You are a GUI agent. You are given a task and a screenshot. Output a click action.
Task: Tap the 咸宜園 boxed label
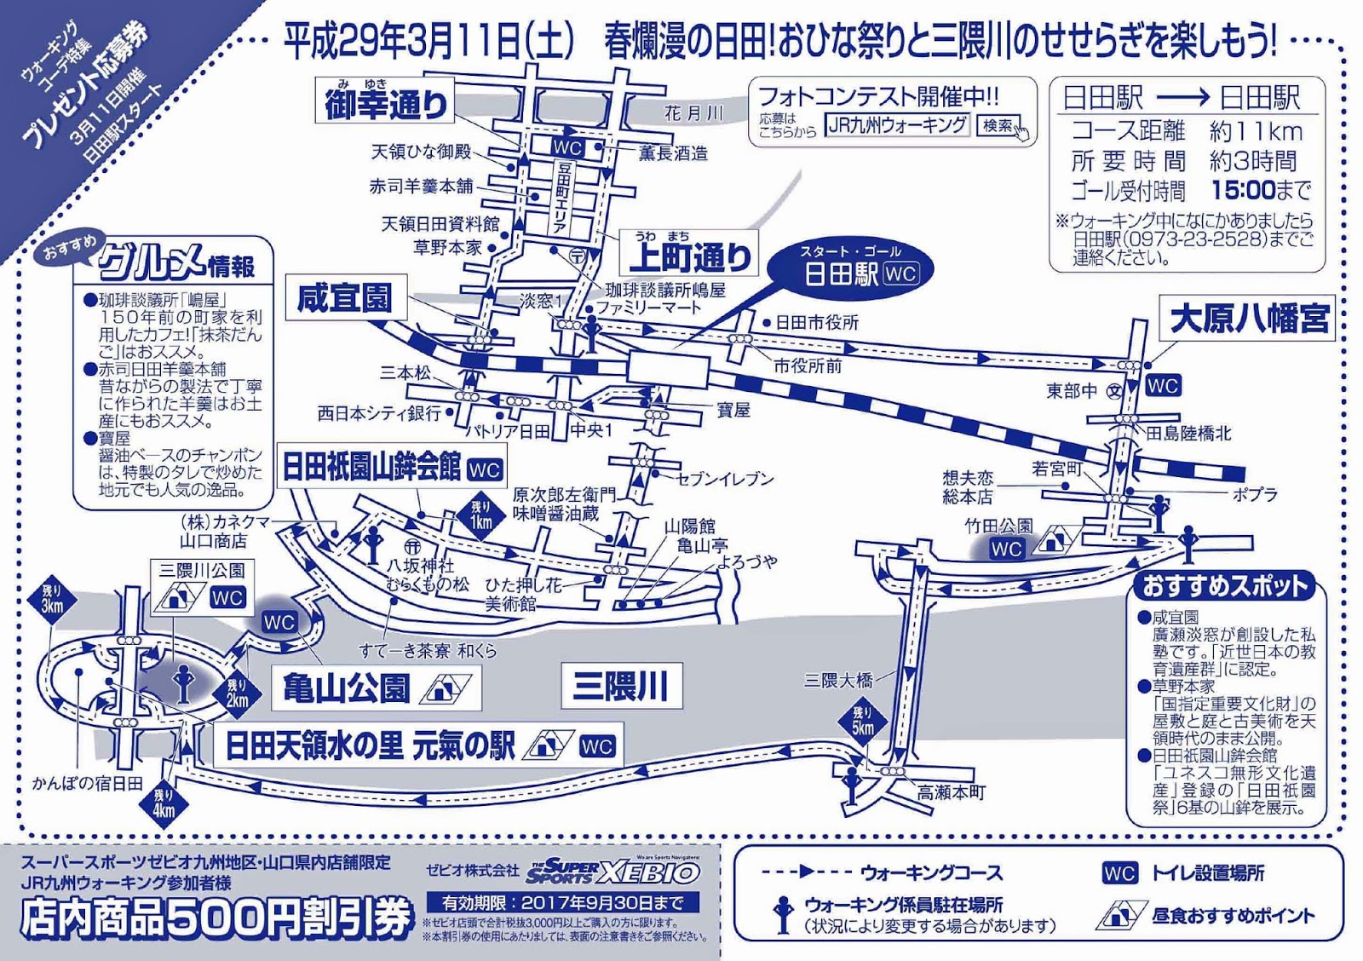tap(345, 297)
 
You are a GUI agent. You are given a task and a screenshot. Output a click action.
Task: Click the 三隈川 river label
tap(621, 687)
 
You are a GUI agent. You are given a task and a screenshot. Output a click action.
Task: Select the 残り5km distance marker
tap(863, 721)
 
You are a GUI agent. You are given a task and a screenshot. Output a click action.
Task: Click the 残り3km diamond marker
tap(52, 599)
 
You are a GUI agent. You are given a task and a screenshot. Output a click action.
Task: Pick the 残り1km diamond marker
tap(481, 514)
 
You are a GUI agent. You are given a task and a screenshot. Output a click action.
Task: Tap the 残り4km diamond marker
tap(164, 803)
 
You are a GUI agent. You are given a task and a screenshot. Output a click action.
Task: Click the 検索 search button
tap(998, 126)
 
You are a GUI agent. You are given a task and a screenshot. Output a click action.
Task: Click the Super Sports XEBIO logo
tap(612, 871)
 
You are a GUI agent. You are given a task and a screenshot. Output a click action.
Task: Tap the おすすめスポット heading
tap(1224, 586)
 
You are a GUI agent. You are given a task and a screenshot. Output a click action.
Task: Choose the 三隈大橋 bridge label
tap(838, 680)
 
